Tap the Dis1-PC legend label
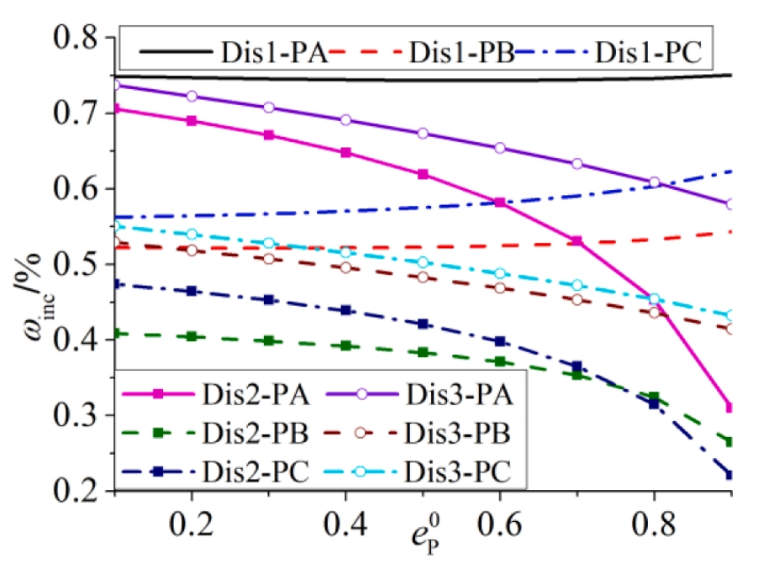pos(651,52)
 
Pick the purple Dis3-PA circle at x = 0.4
pos(346,120)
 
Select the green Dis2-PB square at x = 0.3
pos(269,340)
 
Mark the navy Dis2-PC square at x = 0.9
pos(730,475)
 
